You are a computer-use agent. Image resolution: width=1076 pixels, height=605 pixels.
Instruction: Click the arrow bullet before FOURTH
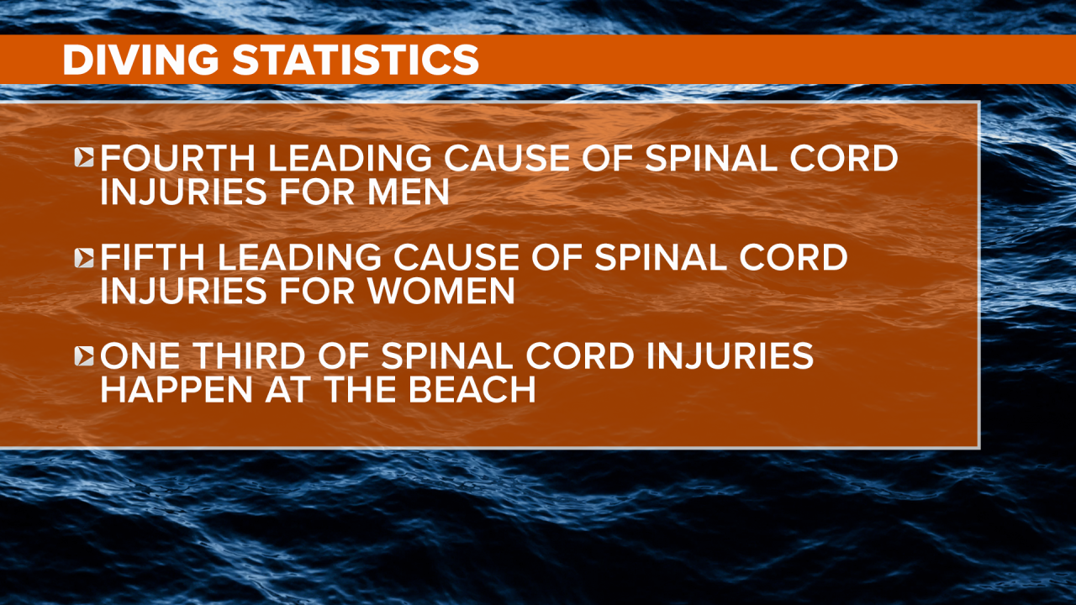(85, 159)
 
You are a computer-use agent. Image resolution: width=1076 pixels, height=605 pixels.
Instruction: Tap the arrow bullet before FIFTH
(85, 258)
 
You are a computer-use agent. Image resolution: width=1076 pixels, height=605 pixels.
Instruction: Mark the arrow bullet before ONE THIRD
(85, 356)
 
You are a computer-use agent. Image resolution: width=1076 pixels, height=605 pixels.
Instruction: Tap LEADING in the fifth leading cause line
(309, 257)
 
